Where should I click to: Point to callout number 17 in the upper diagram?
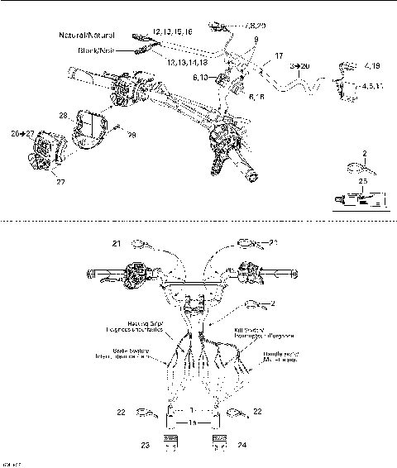(x=279, y=56)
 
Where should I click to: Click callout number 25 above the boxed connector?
(x=361, y=180)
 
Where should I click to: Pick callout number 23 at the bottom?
(x=146, y=444)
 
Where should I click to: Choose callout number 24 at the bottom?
(x=242, y=444)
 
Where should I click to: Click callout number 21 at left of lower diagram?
(x=117, y=243)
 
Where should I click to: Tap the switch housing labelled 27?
(x=45, y=154)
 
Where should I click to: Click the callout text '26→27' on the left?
(x=22, y=132)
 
